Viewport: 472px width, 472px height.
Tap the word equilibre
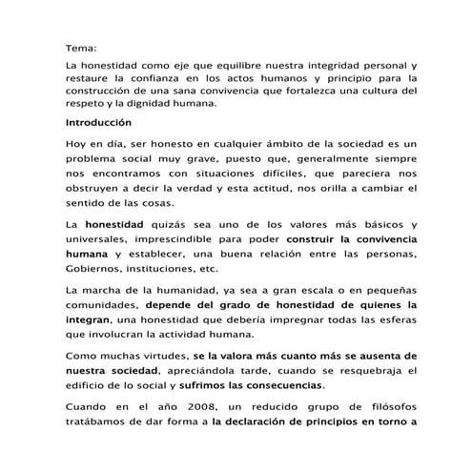[236, 67]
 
